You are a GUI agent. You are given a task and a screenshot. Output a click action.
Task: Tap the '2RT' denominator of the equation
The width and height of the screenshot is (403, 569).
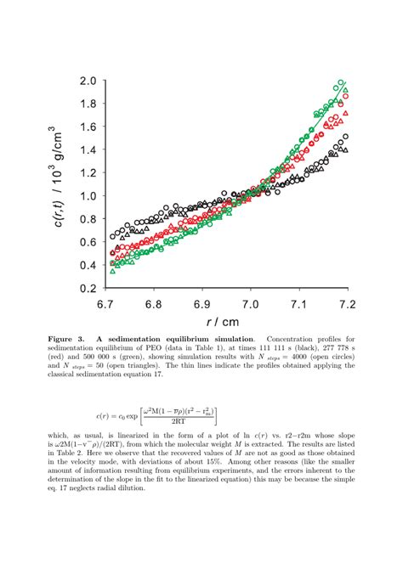[x=179, y=420]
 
